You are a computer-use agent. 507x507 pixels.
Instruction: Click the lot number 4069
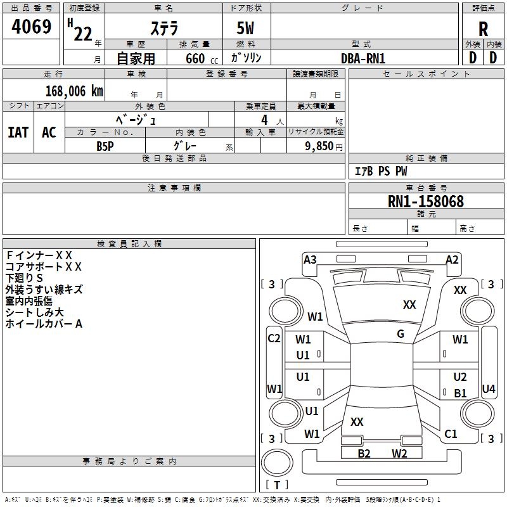[x=32, y=29]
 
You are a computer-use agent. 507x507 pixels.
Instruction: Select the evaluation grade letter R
[x=483, y=29]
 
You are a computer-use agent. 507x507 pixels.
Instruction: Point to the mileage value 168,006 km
[x=74, y=91]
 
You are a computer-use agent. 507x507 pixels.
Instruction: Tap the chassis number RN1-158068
[x=426, y=202]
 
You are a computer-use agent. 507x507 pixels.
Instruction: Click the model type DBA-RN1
[x=363, y=58]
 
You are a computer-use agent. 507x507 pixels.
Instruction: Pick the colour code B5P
[x=105, y=145]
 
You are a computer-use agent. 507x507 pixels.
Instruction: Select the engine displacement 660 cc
[x=196, y=58]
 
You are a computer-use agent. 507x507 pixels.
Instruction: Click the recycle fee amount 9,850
[x=319, y=146]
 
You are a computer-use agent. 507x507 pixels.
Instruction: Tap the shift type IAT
[x=18, y=132]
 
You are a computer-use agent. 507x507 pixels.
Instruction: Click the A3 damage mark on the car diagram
[x=310, y=259]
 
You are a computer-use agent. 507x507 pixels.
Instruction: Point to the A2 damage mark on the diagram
[x=452, y=259]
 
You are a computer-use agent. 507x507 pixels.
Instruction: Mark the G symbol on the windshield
[x=401, y=334]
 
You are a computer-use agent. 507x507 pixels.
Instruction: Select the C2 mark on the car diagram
[x=274, y=338]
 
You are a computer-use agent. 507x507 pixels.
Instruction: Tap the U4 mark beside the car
[x=489, y=388]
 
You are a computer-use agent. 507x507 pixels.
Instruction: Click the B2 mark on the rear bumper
[x=364, y=453]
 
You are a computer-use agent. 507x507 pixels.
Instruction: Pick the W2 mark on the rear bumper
[x=399, y=453]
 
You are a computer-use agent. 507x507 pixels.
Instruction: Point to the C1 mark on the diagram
[x=451, y=434]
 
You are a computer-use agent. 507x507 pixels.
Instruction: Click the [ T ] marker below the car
[x=277, y=485]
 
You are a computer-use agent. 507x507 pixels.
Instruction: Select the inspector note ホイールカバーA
[x=44, y=324]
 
